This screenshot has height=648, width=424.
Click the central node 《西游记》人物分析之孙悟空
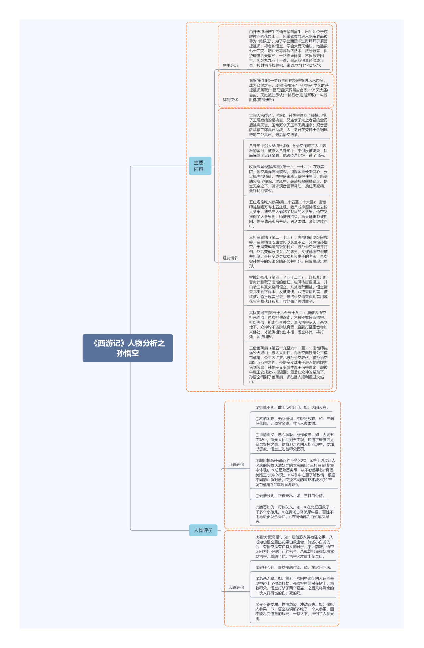pyautogui.click(x=127, y=348)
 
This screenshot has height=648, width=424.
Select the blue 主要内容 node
pyautogui.click(x=200, y=166)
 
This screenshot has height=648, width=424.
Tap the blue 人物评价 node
pyautogui.click(x=203, y=530)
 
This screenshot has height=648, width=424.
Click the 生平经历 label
pyautogui.click(x=230, y=65)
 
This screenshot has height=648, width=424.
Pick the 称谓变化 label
pyautogui.click(x=230, y=100)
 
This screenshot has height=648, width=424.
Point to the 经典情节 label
pyautogui.click(x=230, y=258)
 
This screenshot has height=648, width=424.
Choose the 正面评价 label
pyautogui.click(x=237, y=464)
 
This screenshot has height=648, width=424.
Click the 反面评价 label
pyautogui.click(x=237, y=587)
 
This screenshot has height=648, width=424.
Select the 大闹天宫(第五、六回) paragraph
pyautogui.click(x=288, y=125)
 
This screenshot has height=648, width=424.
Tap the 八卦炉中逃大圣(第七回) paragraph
pyautogui.click(x=288, y=150)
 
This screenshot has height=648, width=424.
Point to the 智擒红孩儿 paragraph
pyautogui.click(x=288, y=289)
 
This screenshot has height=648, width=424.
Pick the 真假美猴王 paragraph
pyautogui.click(x=288, y=325)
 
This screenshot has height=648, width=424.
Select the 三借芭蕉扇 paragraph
pyautogui.click(x=288, y=365)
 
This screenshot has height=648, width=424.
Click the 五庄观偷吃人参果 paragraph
pyautogui.click(x=288, y=214)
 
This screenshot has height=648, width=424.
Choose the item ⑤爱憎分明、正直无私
pyautogui.click(x=290, y=496)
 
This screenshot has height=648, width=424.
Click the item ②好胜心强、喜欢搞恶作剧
pyautogui.click(x=294, y=567)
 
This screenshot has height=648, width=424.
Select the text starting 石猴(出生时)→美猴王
pyautogui.click(x=289, y=90)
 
